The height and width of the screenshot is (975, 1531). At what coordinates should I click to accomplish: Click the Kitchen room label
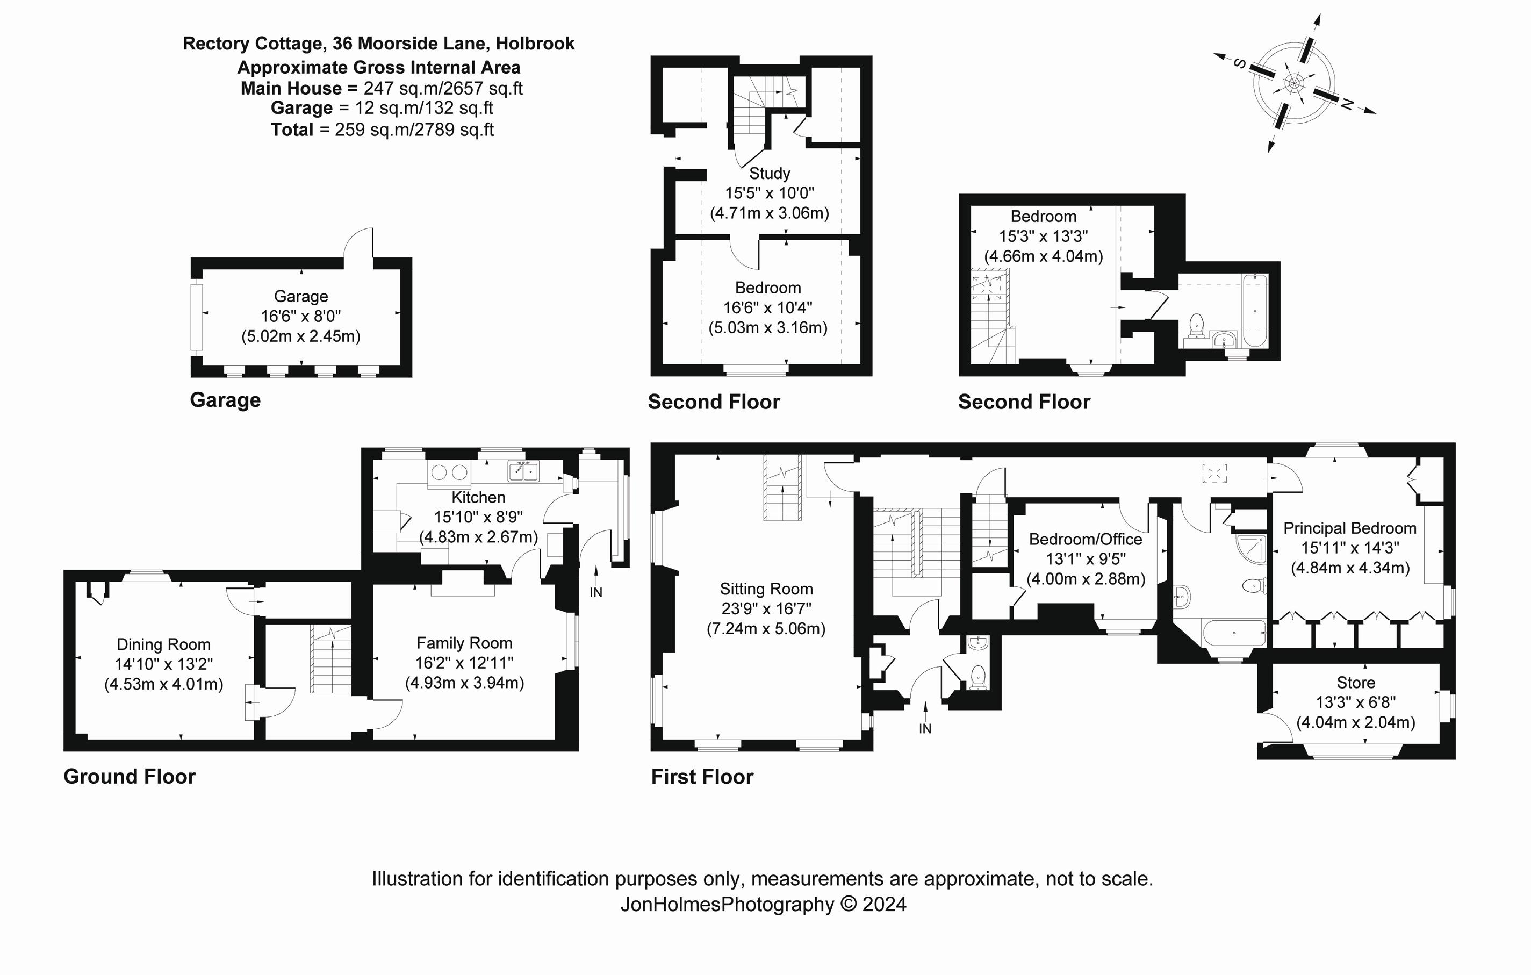pyautogui.click(x=478, y=497)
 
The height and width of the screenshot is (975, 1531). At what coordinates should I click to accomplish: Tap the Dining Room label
pyautogui.click(x=163, y=644)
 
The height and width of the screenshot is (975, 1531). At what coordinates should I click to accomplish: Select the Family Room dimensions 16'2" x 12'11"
pyautogui.click(x=464, y=663)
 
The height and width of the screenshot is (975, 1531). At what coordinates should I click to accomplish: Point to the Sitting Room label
pyautogui.click(x=766, y=589)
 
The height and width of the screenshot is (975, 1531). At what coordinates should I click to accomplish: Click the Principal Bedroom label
pyautogui.click(x=1350, y=528)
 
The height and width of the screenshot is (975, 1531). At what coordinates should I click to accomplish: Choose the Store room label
pyautogui.click(x=1355, y=683)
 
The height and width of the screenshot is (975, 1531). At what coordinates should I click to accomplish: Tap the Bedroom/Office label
pyautogui.click(x=1086, y=539)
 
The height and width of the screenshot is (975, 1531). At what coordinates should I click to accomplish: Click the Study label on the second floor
pyautogui.click(x=770, y=173)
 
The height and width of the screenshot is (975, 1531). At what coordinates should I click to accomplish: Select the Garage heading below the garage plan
pyautogui.click(x=225, y=400)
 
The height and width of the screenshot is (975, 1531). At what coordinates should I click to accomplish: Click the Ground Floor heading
pyautogui.click(x=129, y=777)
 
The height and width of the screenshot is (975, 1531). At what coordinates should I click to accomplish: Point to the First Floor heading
pyautogui.click(x=702, y=777)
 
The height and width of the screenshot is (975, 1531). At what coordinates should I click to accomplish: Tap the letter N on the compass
pyautogui.click(x=1347, y=104)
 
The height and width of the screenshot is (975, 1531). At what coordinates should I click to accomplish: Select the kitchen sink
pyautogui.click(x=523, y=471)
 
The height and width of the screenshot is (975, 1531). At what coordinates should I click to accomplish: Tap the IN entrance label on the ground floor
pyautogui.click(x=596, y=592)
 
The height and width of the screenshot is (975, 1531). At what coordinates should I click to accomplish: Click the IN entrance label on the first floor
pyautogui.click(x=925, y=729)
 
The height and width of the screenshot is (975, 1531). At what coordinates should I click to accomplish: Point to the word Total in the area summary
pyautogui.click(x=292, y=130)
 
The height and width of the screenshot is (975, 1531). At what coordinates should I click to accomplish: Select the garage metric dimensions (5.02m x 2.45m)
pyautogui.click(x=301, y=336)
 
